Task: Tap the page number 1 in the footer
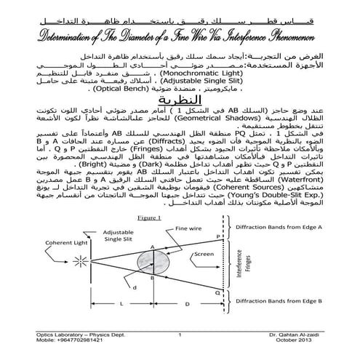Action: click(179, 334)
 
